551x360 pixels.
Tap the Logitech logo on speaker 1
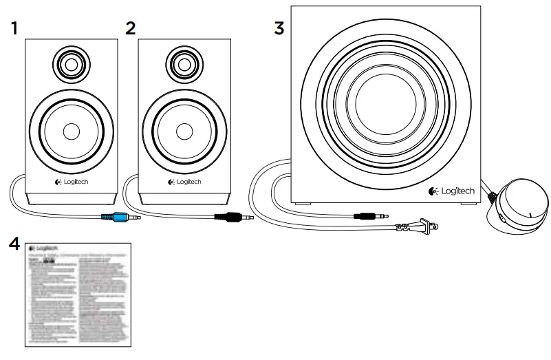click(72, 182)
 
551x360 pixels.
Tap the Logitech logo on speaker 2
click(184, 182)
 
